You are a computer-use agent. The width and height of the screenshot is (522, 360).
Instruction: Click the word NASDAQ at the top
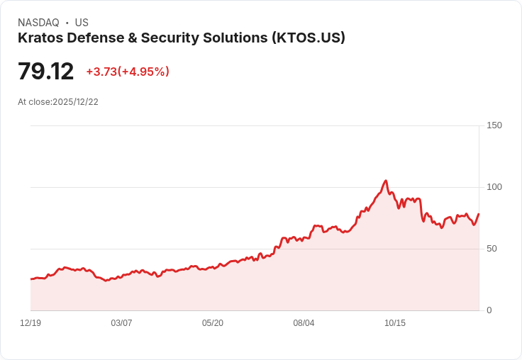pos(38,23)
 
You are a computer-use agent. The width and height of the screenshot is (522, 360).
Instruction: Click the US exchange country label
pos(82,23)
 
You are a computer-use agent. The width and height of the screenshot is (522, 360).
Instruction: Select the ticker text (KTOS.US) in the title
pos(309,38)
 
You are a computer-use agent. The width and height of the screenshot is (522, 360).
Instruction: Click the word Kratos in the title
pos(38,38)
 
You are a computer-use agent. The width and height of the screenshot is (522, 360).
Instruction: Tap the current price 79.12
pos(45,72)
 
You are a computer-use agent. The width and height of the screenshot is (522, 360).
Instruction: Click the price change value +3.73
pos(101,72)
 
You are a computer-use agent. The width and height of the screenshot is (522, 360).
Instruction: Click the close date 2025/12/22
pos(75,102)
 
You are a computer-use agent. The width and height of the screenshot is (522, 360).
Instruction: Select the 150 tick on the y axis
pos(494,125)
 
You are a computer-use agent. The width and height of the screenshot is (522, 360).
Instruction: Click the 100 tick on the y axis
pos(494,187)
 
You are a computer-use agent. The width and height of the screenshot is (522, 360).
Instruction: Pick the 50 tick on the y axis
pos(492,249)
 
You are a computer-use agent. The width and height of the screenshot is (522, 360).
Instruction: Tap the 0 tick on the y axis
pos(489,310)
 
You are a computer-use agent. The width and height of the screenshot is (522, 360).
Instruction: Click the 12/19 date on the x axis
pos(30,323)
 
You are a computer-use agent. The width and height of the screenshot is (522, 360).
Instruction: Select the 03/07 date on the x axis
pos(121,323)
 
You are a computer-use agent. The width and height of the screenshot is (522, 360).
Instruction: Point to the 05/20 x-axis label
pos(213,323)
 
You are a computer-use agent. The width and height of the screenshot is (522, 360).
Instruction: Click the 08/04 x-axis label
pos(304,323)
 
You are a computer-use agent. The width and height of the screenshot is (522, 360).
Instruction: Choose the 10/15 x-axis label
pos(395,323)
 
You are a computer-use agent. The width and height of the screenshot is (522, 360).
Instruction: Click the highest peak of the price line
pos(385,181)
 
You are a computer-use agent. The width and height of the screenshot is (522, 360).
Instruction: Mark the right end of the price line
pos(479,214)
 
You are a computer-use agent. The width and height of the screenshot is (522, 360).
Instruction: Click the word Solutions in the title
pos(234,38)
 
